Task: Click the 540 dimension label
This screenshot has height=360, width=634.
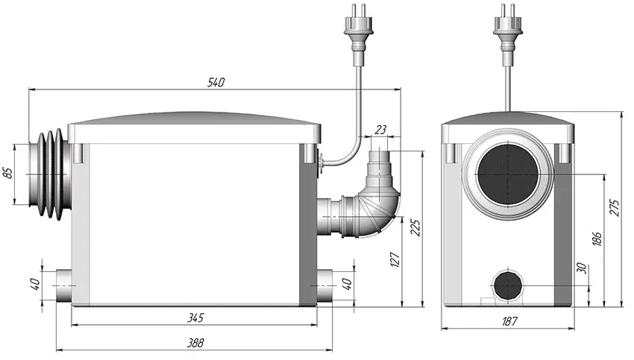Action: (x=216, y=83)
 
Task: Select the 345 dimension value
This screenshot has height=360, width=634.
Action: (x=195, y=318)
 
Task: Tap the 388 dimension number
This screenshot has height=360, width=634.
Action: (x=195, y=343)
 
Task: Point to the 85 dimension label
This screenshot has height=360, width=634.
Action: (x=8, y=172)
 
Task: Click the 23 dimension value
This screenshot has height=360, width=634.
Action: (x=380, y=130)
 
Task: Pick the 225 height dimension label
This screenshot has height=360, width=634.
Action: (x=416, y=228)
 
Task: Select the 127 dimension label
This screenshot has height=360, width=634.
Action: (x=395, y=259)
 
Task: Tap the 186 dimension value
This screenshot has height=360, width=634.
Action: (x=597, y=239)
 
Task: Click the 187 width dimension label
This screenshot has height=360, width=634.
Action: (x=509, y=321)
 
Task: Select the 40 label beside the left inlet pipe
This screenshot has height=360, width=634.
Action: (x=35, y=284)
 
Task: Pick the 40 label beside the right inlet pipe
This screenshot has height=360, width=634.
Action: (x=347, y=284)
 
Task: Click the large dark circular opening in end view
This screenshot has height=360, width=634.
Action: (x=508, y=174)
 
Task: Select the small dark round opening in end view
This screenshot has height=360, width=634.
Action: (x=508, y=285)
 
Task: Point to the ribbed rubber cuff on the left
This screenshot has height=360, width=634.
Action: (x=49, y=174)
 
